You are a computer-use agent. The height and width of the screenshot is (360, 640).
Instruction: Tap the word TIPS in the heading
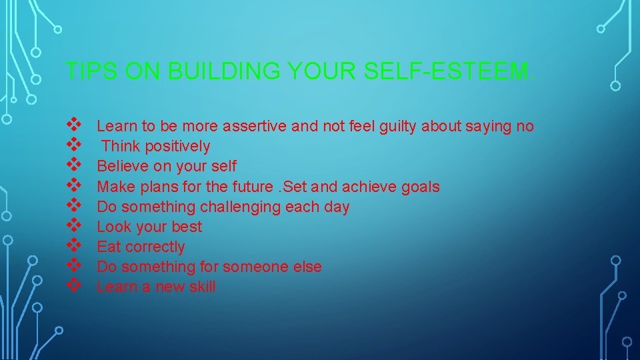[x=86, y=71]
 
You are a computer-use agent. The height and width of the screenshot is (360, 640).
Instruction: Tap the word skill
[x=202, y=287]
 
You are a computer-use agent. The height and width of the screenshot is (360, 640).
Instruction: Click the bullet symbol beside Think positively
[x=74, y=144]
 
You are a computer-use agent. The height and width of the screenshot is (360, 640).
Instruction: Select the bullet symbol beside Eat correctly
[x=74, y=245]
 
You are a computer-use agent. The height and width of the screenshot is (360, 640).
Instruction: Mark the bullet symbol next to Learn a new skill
[x=74, y=285]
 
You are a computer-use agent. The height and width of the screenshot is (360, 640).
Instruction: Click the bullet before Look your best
[x=74, y=225]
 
